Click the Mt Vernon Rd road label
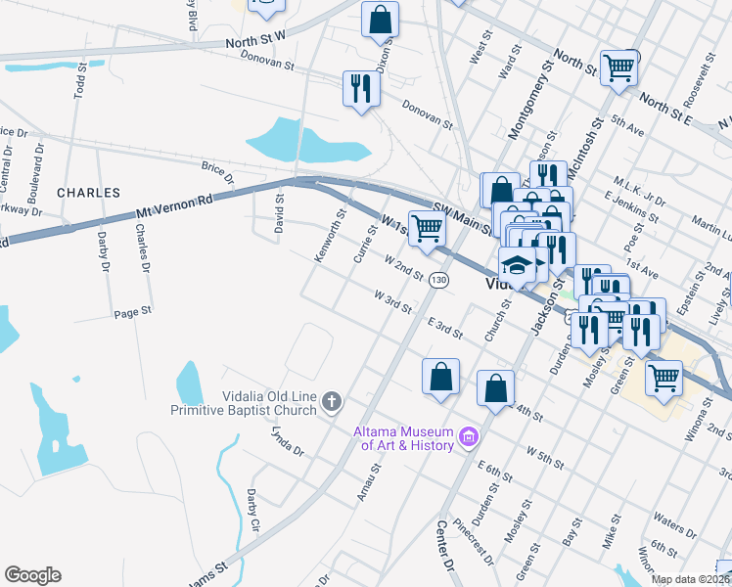176,204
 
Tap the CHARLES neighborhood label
88,193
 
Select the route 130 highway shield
439,280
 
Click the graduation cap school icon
517,265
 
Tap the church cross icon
332,400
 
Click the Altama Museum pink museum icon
468,436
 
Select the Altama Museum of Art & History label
406,438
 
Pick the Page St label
133,314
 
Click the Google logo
32,575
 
